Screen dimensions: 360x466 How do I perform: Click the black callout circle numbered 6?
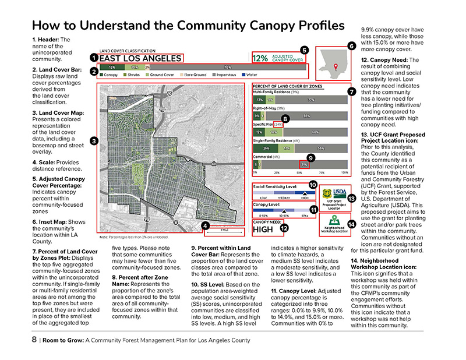tap(351, 46)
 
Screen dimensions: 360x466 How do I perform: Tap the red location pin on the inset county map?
tap(334, 68)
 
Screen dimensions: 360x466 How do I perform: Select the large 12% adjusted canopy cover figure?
tap(260, 58)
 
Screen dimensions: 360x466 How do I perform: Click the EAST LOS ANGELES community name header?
tap(140, 58)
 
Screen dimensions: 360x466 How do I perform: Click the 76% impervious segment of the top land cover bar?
tap(227, 68)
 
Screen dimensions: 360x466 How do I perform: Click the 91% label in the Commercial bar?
tap(304, 165)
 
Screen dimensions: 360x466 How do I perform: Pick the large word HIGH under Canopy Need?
tap(265, 230)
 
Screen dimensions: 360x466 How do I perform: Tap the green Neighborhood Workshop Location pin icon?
tap(335, 221)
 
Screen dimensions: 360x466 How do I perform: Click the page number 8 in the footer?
tap(35, 340)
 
